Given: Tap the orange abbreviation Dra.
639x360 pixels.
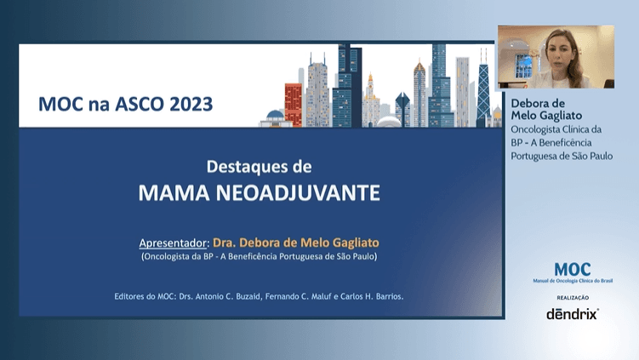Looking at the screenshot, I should [225, 242].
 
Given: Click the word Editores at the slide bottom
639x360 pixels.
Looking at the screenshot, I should [132, 297].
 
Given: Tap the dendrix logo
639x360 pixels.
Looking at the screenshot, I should [573, 314].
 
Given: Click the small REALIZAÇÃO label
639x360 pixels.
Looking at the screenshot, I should [573, 298].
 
